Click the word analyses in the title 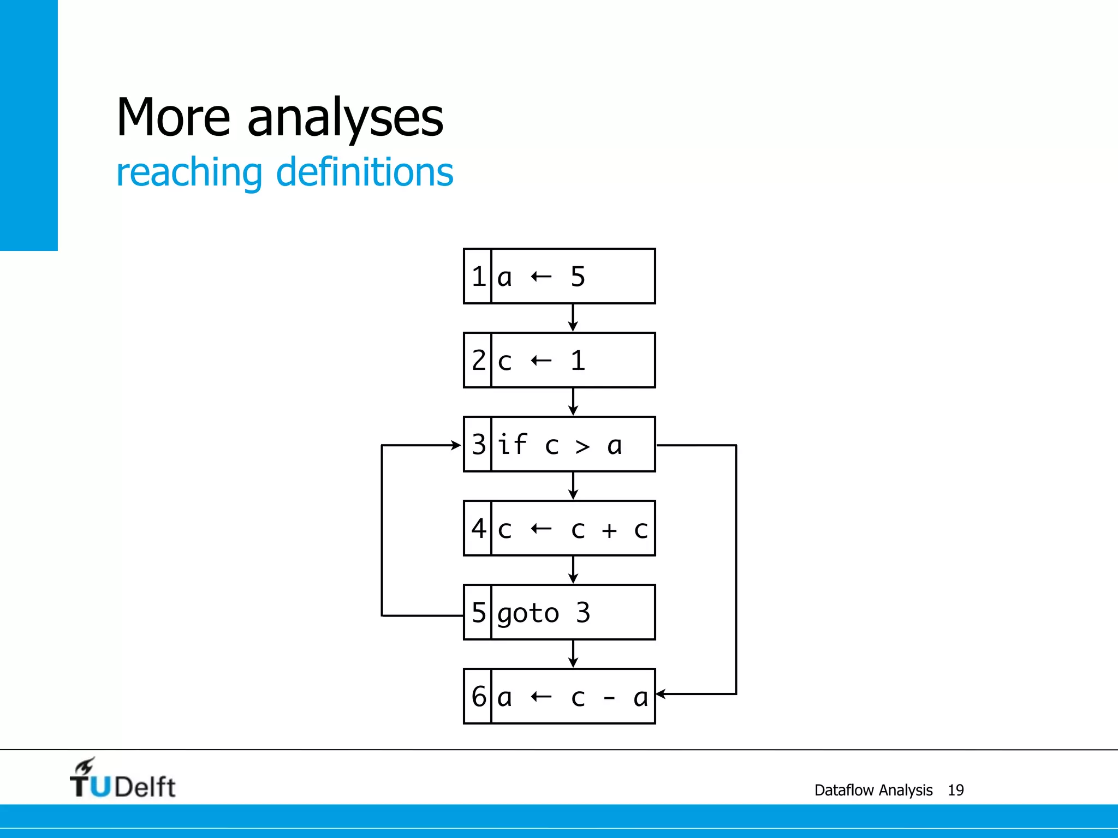tap(345, 118)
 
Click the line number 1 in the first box tap(478, 277)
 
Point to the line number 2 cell tap(478, 360)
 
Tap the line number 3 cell tap(478, 445)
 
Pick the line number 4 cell tap(478, 528)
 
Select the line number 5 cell tap(478, 612)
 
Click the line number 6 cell tap(478, 697)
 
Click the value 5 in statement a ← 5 tap(578, 277)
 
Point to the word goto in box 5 tap(528, 614)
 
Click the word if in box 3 tap(512, 444)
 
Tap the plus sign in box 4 tap(609, 530)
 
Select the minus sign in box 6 tap(609, 697)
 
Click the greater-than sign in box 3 tap(583, 446)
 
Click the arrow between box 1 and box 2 tap(573, 318)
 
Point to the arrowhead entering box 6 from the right tap(661, 694)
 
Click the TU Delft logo tap(123, 779)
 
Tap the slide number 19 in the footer tap(955, 790)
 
